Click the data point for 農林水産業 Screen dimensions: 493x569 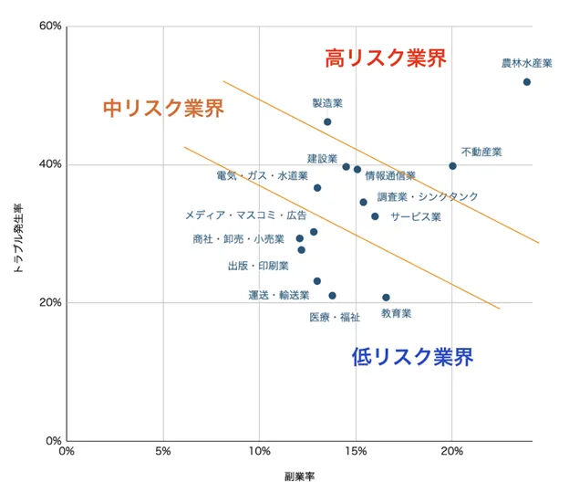(x=527, y=82)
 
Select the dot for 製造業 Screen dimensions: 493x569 (x=327, y=121)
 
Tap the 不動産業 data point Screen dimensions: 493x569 (x=452, y=166)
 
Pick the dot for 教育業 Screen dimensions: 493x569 (x=386, y=298)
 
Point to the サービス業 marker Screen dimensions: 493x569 (x=375, y=216)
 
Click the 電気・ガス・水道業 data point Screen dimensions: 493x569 (x=317, y=188)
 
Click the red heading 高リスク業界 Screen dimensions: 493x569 (x=386, y=58)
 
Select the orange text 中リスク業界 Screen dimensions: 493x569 (x=163, y=109)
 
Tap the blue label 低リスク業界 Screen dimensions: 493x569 (x=412, y=357)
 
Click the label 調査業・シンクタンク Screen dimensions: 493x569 (x=428, y=196)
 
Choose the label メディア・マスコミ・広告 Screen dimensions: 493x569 (x=246, y=215)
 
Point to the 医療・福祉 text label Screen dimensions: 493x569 (x=335, y=318)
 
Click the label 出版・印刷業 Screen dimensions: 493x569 (x=258, y=266)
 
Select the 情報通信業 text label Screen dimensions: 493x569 (x=390, y=175)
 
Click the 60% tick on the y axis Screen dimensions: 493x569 (x=50, y=26)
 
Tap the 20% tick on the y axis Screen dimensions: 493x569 (x=50, y=303)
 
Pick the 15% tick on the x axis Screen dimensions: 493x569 (x=356, y=451)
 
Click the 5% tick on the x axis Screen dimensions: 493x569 (x=163, y=451)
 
